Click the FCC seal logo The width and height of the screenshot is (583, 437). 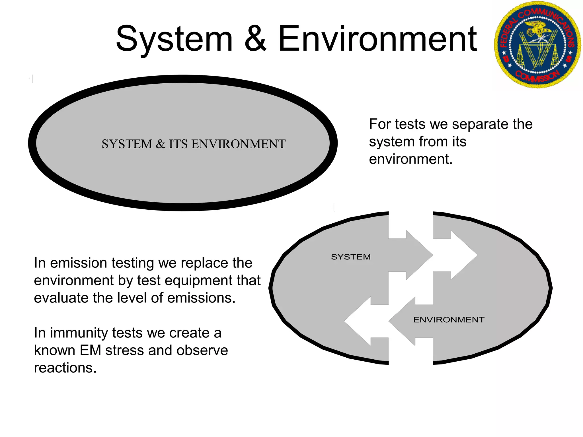coord(537,45)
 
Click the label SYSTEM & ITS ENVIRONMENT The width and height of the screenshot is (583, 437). coord(194,144)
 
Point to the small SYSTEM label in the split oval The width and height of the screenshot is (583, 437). coord(351,257)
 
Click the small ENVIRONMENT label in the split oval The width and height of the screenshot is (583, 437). coord(449,320)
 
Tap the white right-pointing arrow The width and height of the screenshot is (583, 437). coord(458,255)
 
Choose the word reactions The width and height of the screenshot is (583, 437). coord(65,368)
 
